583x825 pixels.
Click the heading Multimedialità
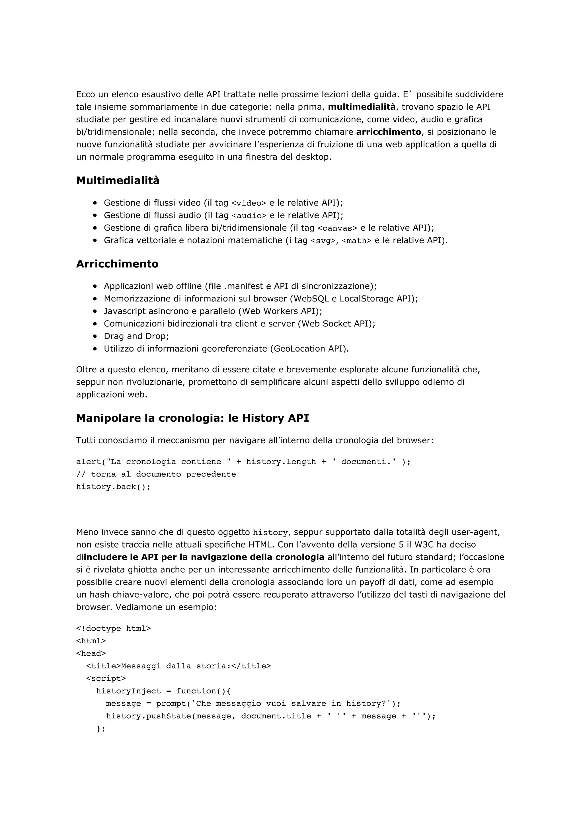pos(118,180)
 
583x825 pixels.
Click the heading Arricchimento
pos(117,264)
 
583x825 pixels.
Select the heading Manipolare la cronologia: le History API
pos(192,418)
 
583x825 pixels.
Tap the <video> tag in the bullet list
pos(249,203)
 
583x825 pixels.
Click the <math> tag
pos(356,241)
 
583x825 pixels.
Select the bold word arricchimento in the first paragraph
pos(388,132)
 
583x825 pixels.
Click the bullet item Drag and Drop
pos(136,336)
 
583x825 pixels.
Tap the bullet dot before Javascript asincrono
pos(95,311)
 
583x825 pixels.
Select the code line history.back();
pos(113,487)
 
